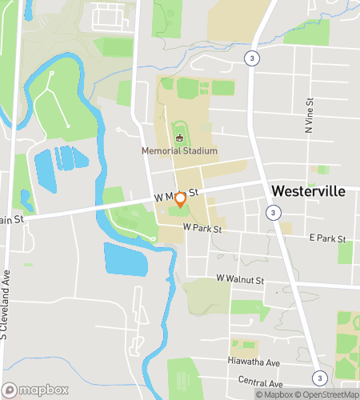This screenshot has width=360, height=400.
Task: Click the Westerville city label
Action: point(314,192)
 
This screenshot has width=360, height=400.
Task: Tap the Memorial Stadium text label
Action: point(179,150)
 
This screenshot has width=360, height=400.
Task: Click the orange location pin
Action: point(181,199)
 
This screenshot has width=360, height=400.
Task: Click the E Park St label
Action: point(328,238)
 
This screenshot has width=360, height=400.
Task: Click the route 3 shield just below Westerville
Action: point(274,213)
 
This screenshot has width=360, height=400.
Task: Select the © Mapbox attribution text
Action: point(275,394)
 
